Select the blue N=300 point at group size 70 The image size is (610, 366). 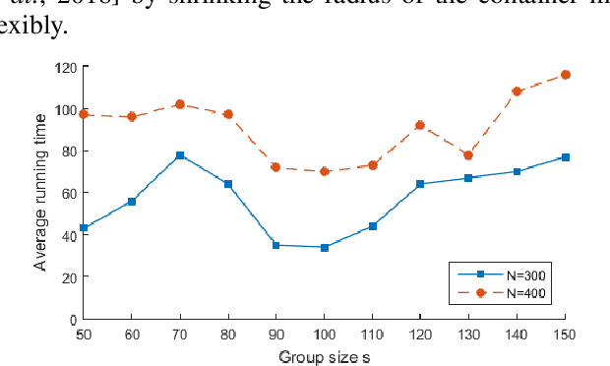coord(180,155)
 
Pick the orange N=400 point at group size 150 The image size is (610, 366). coord(566,75)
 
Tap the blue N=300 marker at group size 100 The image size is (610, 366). coord(325,247)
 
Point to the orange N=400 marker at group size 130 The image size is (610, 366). coord(469,155)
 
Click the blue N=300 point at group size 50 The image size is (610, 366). coord(84,228)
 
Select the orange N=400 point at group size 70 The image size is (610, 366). coord(180,104)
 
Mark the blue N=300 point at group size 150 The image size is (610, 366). coord(566,157)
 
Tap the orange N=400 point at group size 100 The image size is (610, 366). coord(325,171)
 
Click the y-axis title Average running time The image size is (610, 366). coord(40,193)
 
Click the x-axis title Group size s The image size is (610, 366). coord(324,355)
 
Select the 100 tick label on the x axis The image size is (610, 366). coord(325,335)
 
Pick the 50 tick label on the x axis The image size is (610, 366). coord(84,335)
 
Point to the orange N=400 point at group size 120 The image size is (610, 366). coord(420,125)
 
